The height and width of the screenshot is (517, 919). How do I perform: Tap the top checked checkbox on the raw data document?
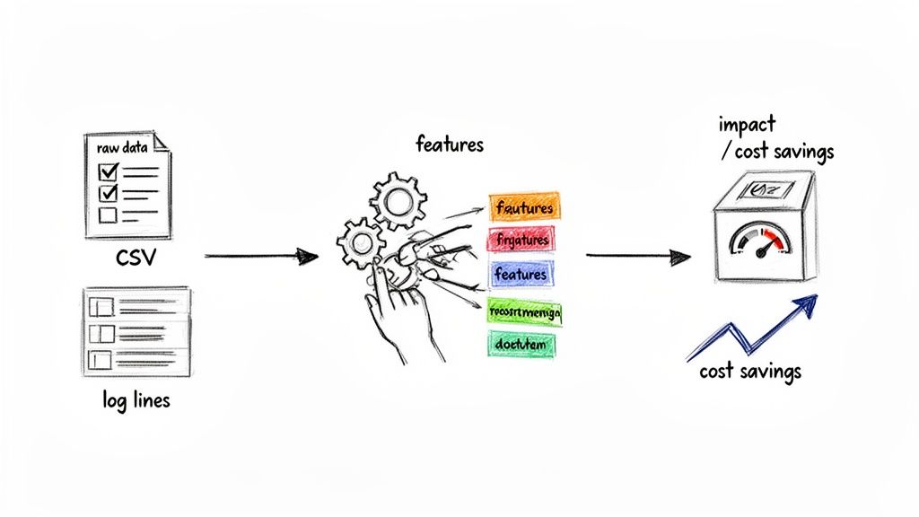point(108,171)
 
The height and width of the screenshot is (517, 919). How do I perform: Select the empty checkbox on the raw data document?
point(107,215)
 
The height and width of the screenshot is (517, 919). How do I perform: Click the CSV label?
point(137,258)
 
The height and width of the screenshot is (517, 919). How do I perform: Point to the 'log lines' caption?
point(136,399)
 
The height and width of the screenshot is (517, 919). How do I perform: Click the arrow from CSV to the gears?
point(260,257)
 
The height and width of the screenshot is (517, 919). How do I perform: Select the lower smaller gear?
point(357,241)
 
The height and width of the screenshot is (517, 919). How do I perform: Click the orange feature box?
point(523,208)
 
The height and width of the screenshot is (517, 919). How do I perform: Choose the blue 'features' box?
point(521,274)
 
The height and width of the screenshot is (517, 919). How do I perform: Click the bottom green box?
point(521,343)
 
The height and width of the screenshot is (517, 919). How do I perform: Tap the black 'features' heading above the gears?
point(449,144)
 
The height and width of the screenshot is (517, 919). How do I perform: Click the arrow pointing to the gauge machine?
point(637,257)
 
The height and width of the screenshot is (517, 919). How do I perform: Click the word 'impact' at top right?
point(747,124)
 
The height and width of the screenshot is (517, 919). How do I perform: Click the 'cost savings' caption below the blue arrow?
point(749,371)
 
